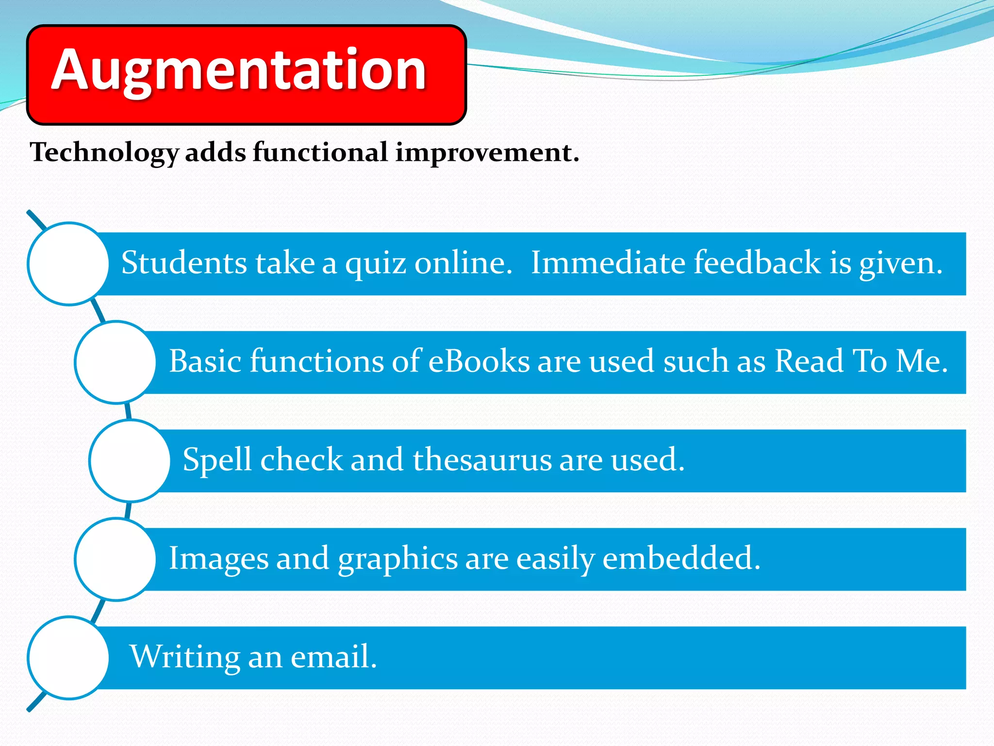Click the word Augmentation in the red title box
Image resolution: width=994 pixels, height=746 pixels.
pyautogui.click(x=239, y=70)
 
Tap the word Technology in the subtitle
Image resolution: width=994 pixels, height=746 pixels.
pyautogui.click(x=104, y=153)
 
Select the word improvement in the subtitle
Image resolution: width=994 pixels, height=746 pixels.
pyautogui.click(x=487, y=153)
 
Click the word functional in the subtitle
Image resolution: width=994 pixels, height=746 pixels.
pyautogui.click(x=320, y=153)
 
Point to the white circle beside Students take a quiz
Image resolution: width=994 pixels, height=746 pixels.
pyautogui.click(x=68, y=264)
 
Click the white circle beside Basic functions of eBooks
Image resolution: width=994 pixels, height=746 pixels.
pyautogui.click(x=116, y=362)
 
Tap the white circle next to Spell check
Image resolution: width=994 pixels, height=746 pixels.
pyautogui.click(x=130, y=461)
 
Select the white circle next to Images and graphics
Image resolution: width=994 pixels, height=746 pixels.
pyautogui.click(x=116, y=559)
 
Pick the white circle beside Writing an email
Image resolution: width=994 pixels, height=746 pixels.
pyautogui.click(x=68, y=658)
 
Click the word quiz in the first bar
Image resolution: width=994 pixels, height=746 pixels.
pyautogui.click(x=375, y=264)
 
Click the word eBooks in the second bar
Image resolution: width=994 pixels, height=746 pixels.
pyautogui.click(x=479, y=361)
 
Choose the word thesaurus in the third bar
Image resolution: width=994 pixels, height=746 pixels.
pyautogui.click(x=482, y=460)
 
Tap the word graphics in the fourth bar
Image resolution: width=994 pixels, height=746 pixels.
pyautogui.click(x=398, y=559)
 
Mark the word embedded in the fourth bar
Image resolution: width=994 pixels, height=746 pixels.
pyautogui.click(x=680, y=559)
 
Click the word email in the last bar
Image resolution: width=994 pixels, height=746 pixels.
pyautogui.click(x=333, y=657)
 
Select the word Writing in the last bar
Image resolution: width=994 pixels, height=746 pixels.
pyautogui.click(x=185, y=657)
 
